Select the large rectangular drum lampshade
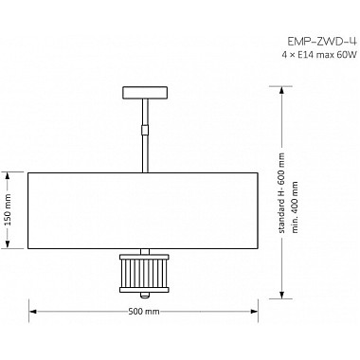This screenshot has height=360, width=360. tap(145, 210)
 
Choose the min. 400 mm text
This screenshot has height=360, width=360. tap(296, 206)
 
